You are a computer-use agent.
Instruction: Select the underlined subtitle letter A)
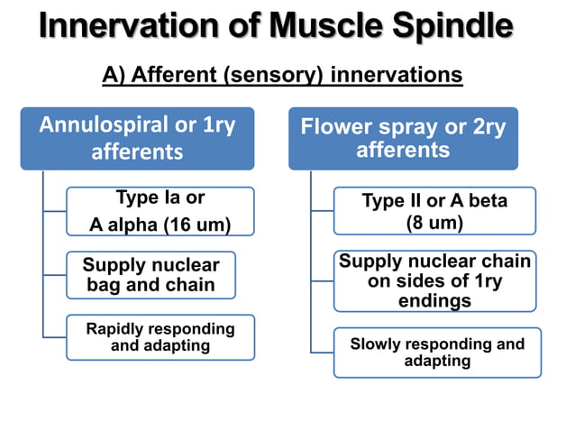coord(114,75)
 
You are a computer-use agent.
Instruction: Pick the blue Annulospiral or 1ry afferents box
coord(137,138)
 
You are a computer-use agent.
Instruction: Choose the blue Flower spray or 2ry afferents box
coord(403,138)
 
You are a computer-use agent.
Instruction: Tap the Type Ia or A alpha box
coord(160,211)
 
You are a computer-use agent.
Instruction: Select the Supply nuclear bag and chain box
coord(151,275)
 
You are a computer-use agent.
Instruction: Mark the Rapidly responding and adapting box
coord(160,336)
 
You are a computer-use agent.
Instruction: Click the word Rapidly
coord(118,329)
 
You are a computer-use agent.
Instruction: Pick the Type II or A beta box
coord(434,211)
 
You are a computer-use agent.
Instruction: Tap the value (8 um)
coord(434,222)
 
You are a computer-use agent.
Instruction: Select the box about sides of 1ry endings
coord(434,280)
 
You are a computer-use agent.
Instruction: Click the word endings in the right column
coord(434,300)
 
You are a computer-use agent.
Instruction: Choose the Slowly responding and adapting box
coord(437,352)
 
